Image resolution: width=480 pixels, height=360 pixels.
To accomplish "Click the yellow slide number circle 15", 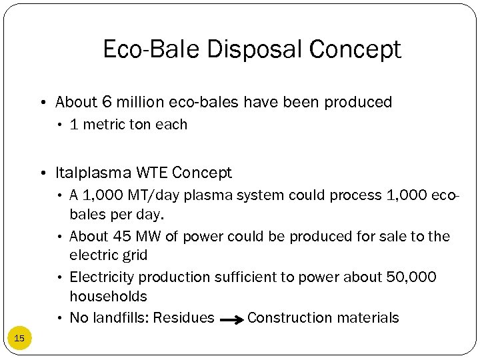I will [x=19, y=339].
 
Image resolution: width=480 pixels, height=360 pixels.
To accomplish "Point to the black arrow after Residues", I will [x=231, y=320].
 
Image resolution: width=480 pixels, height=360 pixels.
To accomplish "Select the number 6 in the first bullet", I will [x=107, y=102].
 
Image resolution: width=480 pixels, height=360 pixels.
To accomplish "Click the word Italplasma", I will [x=93, y=173].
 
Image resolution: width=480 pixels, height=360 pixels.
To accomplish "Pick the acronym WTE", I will [x=152, y=173].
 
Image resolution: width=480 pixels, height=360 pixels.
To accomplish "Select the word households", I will [x=108, y=296].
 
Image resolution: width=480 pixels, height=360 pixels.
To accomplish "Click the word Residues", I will [x=183, y=318].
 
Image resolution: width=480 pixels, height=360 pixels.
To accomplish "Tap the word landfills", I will [x=119, y=318].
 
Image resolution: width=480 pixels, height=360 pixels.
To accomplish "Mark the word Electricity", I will [x=102, y=277].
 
